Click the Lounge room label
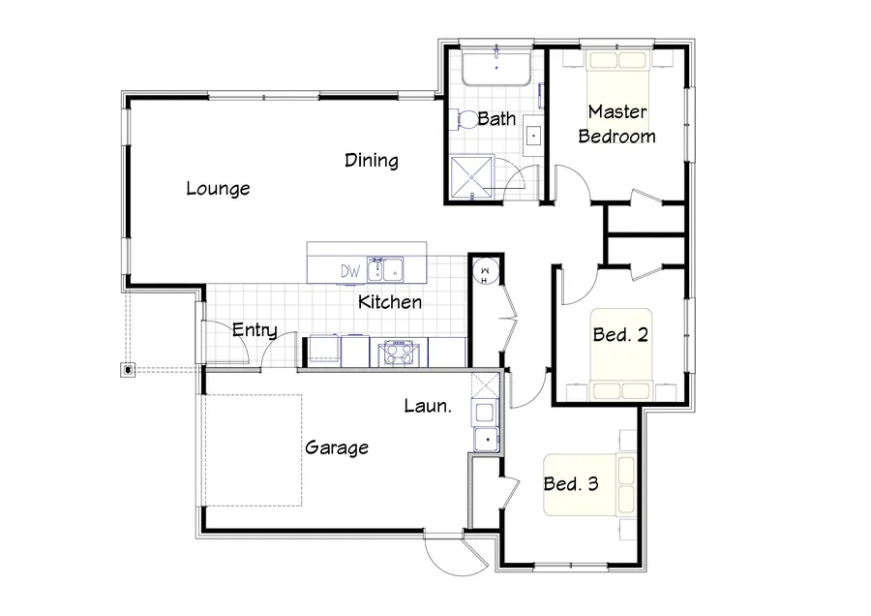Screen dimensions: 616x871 pos(218,189)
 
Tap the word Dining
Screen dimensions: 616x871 pos(372,161)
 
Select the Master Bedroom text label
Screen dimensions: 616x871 pos(616,125)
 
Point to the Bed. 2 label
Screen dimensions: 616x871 pos(619,335)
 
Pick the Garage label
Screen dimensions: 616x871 pos(337,447)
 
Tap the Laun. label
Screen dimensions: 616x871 pos(427,407)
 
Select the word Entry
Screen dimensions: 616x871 pos(255,331)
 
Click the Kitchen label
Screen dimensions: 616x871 pos(390,302)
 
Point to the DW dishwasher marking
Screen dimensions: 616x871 pos(349,271)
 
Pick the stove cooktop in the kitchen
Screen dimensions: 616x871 pos(397,351)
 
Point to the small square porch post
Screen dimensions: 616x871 pos(129,369)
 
